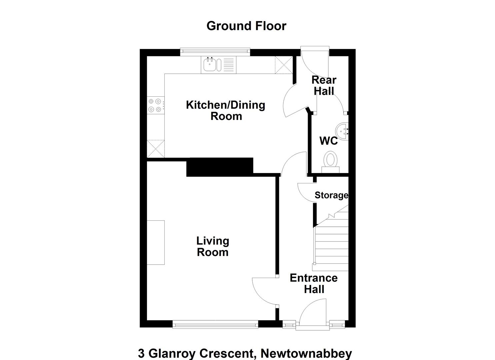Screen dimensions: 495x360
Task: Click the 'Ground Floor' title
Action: (x=246, y=26)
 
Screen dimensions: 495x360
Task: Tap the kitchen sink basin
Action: (x=209, y=64)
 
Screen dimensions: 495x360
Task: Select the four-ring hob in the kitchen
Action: (x=156, y=105)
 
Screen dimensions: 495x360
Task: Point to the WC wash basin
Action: (x=342, y=131)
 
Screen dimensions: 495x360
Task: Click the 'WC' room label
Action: (x=329, y=141)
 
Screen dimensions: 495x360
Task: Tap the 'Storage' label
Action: (x=331, y=195)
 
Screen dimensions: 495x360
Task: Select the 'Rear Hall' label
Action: (x=324, y=86)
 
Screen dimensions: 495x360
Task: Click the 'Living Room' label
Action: (x=213, y=247)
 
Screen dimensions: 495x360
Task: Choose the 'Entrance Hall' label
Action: (x=314, y=284)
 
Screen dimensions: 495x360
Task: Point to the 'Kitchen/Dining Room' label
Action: (x=226, y=110)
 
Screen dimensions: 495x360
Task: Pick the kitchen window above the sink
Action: (x=215, y=51)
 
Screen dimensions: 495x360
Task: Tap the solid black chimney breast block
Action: (x=220, y=167)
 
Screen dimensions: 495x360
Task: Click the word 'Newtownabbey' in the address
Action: (x=306, y=354)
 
